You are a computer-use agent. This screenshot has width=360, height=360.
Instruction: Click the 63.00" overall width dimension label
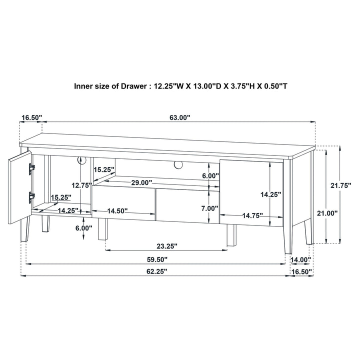click(180, 117)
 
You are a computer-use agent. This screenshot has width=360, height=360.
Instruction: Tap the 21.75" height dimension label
click(341, 185)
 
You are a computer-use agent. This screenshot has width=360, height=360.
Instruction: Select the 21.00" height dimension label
click(327, 213)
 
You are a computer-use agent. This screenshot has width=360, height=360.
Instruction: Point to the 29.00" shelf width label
click(141, 183)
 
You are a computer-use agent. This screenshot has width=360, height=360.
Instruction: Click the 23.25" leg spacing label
click(167, 246)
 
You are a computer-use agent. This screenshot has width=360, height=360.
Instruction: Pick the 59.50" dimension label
click(157, 259)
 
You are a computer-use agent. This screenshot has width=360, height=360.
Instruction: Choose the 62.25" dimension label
click(157, 271)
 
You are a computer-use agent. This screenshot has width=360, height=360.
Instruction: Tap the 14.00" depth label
click(301, 260)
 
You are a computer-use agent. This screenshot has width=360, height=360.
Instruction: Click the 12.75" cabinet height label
click(81, 185)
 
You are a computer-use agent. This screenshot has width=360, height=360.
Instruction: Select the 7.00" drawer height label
click(209, 208)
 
